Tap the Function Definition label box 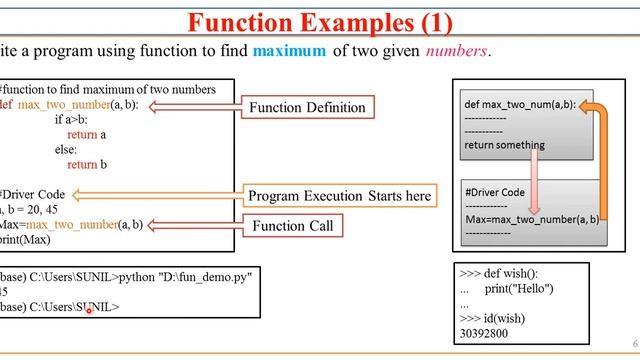tap(307, 106)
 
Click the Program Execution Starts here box tap(339, 196)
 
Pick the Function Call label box tap(291, 226)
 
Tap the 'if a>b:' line tap(77, 119)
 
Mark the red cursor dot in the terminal tap(89, 310)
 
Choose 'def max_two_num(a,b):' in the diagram tap(519, 104)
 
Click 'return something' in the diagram tap(504, 144)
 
